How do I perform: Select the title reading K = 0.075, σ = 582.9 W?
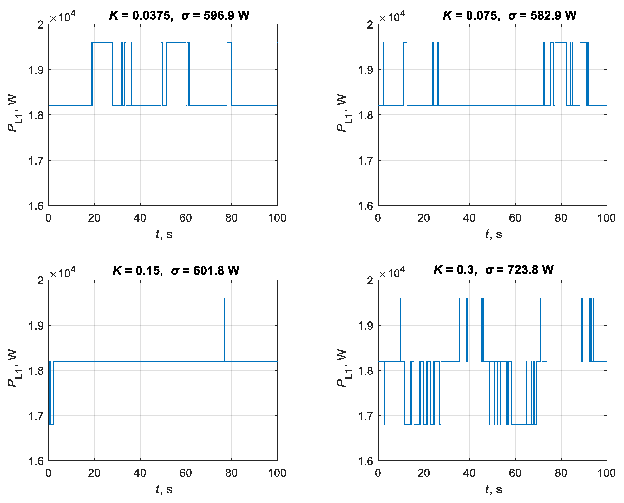(509, 15)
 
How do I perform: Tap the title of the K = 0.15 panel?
(176, 270)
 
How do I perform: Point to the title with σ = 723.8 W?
(493, 270)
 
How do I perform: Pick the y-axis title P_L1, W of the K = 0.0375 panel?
(13, 113)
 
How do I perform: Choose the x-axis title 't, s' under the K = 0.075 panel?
(493, 234)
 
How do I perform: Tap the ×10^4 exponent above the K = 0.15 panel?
(62, 272)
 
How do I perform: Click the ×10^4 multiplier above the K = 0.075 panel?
(392, 17)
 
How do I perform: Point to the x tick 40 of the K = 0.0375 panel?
(140, 218)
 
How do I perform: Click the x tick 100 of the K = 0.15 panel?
(277, 473)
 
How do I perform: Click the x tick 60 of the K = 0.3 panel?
(515, 473)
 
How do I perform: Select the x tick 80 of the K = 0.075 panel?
(561, 218)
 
